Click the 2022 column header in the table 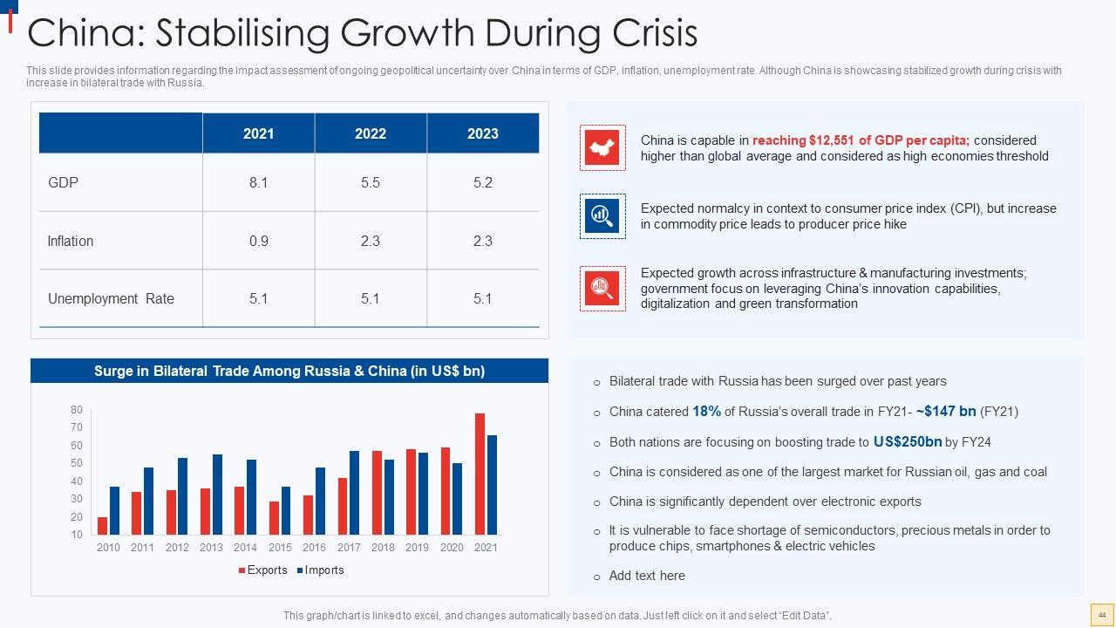371,133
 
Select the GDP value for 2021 258,183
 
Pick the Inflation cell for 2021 258,241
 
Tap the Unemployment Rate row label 111,298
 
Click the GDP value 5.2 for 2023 482,183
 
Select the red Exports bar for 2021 480,474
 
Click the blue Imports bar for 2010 114,510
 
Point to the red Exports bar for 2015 275,517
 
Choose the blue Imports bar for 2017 354,492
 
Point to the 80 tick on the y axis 77,410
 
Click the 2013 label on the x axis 211,548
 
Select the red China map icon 602,147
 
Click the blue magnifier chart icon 602,215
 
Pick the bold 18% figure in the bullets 706,412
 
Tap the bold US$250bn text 907,442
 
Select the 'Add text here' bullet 647,576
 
